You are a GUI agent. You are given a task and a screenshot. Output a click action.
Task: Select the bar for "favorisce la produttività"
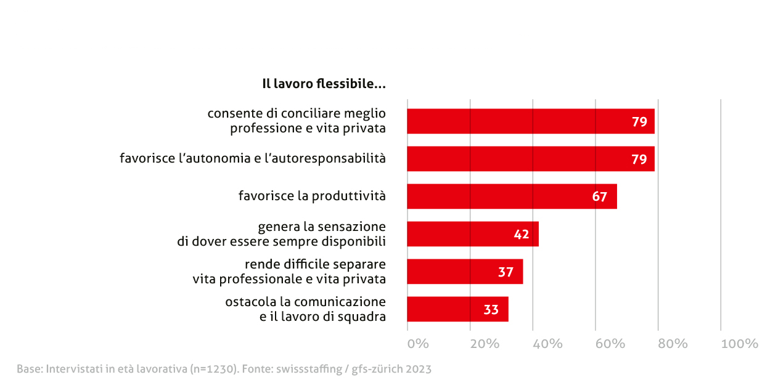click(x=512, y=196)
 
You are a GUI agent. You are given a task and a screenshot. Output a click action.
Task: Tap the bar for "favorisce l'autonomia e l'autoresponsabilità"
click(x=530, y=159)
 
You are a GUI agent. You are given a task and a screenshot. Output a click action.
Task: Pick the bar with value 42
click(x=473, y=234)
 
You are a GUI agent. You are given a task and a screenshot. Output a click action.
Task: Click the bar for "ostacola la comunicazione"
click(x=457, y=309)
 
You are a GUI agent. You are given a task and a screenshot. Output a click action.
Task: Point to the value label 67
click(x=600, y=197)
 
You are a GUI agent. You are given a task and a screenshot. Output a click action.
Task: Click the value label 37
click(x=506, y=272)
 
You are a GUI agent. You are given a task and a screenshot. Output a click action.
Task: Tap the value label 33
click(x=491, y=309)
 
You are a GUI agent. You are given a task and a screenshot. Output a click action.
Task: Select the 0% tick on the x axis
click(x=418, y=344)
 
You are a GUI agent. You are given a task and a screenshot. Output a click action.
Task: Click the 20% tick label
click(x=484, y=344)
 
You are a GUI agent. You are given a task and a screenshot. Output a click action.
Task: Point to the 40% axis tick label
click(x=547, y=344)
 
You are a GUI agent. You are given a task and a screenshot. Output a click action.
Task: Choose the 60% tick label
click(x=610, y=344)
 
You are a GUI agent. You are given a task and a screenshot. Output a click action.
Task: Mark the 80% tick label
click(x=672, y=344)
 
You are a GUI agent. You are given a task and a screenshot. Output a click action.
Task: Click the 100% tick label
click(x=739, y=344)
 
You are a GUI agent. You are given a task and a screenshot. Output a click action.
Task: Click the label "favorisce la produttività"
click(x=312, y=196)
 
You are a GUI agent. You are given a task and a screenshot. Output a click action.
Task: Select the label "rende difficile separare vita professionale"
click(x=289, y=272)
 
